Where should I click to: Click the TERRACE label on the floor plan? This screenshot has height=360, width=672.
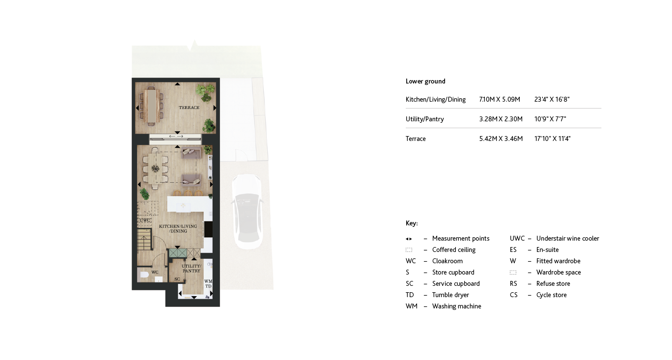click(x=189, y=108)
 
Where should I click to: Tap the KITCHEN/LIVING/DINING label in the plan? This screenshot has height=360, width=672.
click(x=178, y=229)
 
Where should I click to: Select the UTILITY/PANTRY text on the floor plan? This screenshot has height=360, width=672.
click(x=192, y=268)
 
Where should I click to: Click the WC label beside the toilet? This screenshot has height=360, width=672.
click(x=155, y=272)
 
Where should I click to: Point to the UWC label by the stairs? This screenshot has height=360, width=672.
click(x=145, y=221)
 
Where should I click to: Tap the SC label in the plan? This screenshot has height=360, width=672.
click(x=177, y=279)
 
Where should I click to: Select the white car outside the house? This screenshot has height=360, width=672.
click(x=247, y=211)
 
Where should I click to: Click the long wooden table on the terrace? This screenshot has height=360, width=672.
click(x=151, y=105)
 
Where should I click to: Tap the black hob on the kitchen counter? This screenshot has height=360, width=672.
click(x=208, y=229)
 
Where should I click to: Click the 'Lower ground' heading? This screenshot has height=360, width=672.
click(x=425, y=82)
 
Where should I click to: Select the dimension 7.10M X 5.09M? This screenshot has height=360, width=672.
click(x=499, y=100)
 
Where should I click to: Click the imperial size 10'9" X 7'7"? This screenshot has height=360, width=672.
click(x=550, y=119)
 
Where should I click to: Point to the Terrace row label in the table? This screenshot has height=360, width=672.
click(x=416, y=139)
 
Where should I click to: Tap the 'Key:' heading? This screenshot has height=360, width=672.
click(x=412, y=223)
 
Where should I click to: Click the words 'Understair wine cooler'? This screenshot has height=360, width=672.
click(x=567, y=239)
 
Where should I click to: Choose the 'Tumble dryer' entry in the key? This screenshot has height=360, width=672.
click(x=450, y=295)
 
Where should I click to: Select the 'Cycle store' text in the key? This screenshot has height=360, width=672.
click(x=551, y=295)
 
